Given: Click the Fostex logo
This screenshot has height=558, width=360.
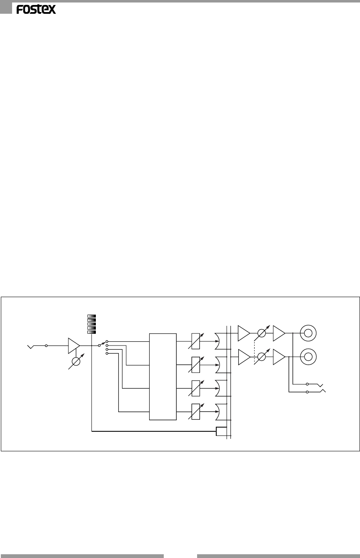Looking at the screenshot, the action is click(36, 10).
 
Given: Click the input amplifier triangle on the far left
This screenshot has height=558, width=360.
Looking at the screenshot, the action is click(73, 346).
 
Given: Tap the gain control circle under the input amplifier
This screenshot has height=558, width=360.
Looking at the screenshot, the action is click(76, 361).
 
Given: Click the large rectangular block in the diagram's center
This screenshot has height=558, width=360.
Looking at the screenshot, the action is click(162, 376).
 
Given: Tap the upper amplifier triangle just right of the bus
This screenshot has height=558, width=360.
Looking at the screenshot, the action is click(243, 333).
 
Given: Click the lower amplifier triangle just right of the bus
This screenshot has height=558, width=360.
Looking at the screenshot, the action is click(243, 357).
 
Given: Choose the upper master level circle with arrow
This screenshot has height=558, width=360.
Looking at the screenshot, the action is click(262, 333).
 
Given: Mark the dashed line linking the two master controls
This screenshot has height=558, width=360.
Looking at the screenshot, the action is click(255, 350).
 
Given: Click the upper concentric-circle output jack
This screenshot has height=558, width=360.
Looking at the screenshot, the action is click(308, 333).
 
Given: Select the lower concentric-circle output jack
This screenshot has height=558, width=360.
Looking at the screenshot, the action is click(308, 357).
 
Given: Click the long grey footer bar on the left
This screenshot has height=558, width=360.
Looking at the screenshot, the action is click(82, 555).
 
